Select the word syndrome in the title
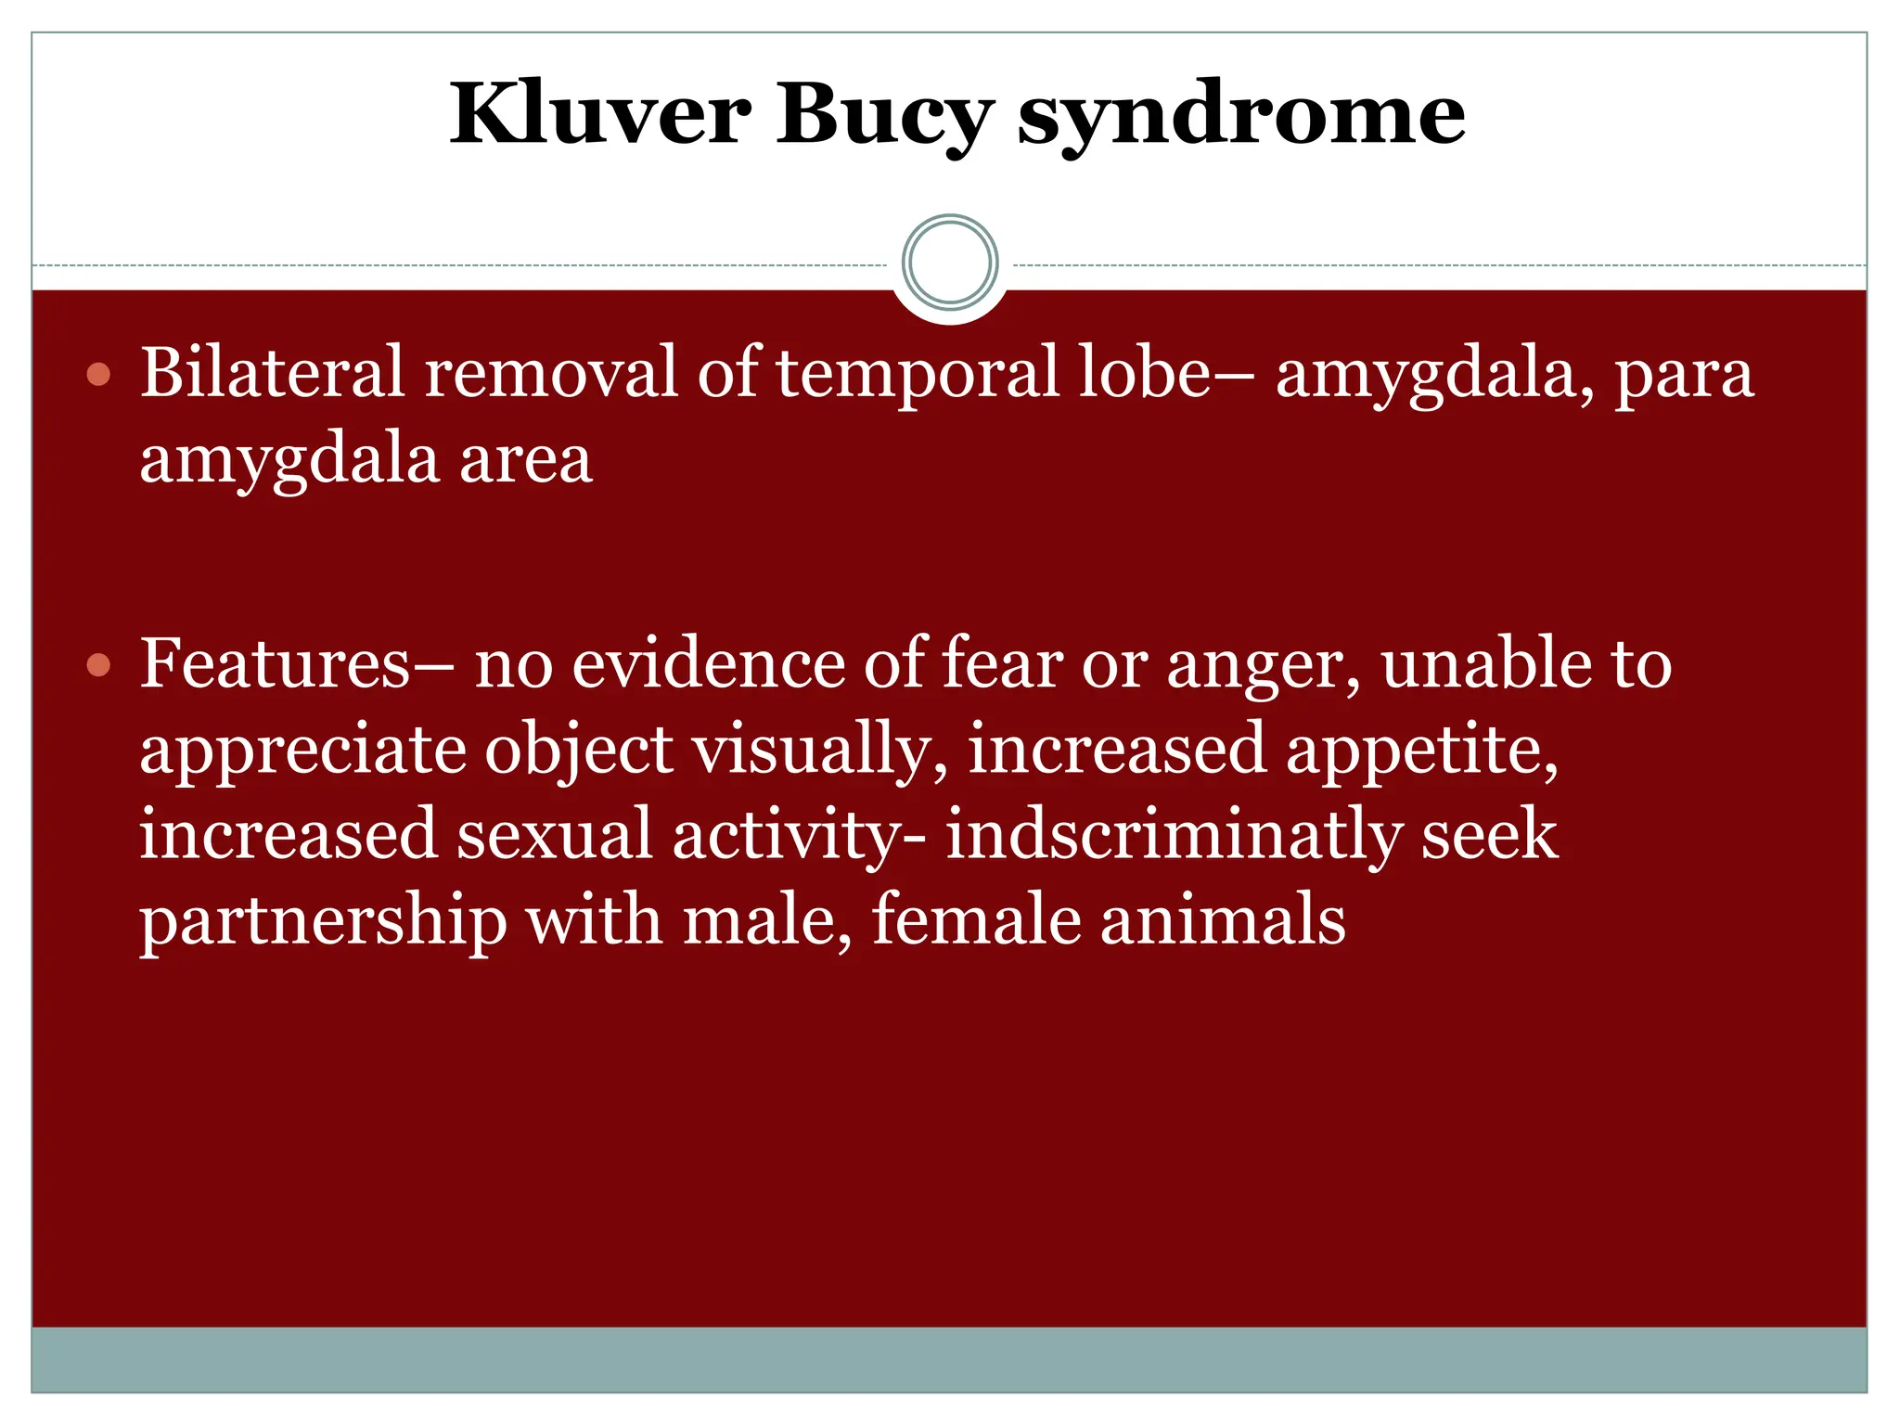coord(1241,116)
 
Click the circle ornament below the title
coord(949,263)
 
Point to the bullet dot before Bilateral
coord(98,375)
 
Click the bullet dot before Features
coord(98,665)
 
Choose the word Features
coord(275,664)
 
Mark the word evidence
coord(708,664)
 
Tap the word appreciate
coord(301,751)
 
